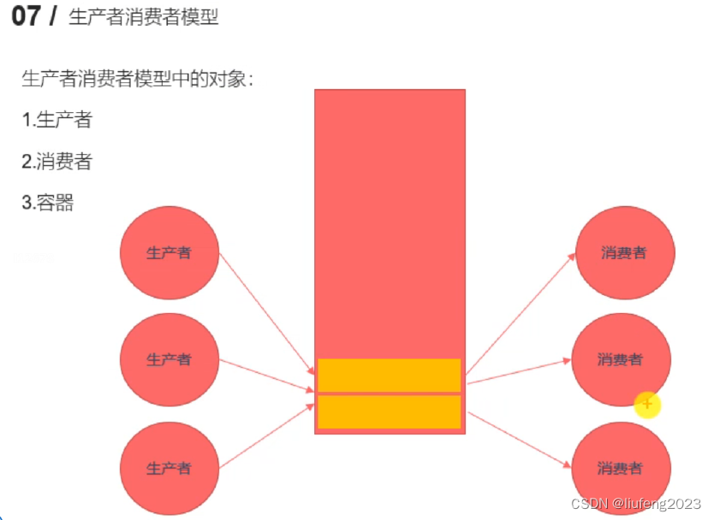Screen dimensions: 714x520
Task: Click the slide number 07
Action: coord(27,16)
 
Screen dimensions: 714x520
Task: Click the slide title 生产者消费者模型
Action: coord(144,17)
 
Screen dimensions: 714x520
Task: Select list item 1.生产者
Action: coord(57,120)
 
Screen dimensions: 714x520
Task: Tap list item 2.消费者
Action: coord(57,161)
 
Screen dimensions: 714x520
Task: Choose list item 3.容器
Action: coord(48,203)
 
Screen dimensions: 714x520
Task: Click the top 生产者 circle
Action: coord(169,253)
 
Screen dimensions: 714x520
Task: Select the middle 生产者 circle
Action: coord(169,359)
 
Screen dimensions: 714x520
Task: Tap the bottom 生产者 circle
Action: coord(169,468)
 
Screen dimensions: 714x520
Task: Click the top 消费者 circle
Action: coord(624,253)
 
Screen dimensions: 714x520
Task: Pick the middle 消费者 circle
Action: coord(621,359)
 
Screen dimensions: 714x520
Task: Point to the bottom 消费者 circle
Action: coord(621,468)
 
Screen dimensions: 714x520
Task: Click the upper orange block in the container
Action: coord(390,375)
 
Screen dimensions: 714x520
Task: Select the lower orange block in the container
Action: coord(390,411)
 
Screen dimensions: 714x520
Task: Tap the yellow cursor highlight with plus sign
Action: coord(647,403)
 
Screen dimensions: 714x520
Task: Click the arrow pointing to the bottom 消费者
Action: coord(519,440)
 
